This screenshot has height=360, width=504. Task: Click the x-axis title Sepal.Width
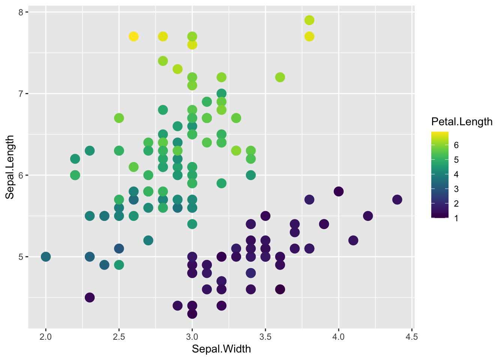click(221, 349)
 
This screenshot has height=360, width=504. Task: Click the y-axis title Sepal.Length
click(10, 167)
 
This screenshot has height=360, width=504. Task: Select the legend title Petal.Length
click(462, 121)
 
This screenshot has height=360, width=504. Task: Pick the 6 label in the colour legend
click(456, 145)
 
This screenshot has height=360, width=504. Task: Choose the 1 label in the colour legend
click(456, 218)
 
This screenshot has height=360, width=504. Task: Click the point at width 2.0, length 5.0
click(46, 257)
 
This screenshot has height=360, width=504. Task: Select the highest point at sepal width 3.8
click(309, 20)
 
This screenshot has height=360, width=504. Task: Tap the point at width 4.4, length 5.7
click(397, 199)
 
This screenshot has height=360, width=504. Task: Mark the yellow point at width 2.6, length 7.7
click(133, 36)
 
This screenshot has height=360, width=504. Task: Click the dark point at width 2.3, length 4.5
click(90, 297)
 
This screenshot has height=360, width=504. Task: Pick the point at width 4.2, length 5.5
click(368, 216)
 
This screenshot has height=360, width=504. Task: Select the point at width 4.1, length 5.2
click(353, 240)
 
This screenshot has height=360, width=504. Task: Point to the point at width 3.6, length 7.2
click(280, 77)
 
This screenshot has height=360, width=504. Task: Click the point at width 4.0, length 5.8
click(339, 192)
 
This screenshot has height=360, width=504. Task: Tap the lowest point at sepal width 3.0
click(192, 313)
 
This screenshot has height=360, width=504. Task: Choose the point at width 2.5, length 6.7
click(119, 118)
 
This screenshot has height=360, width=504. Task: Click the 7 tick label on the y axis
click(21, 94)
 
